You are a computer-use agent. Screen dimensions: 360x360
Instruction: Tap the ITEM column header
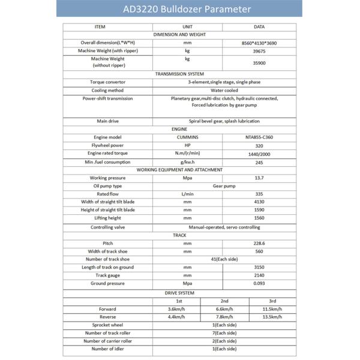pos(100,27)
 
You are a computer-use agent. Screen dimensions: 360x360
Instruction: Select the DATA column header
pos(260,27)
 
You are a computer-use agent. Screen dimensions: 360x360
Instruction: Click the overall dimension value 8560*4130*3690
pos(260,43)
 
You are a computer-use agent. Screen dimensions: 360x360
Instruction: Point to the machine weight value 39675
pos(260,51)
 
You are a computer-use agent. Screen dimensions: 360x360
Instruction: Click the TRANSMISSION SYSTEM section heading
pos(180,74)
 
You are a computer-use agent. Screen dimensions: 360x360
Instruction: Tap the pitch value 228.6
pos(260,243)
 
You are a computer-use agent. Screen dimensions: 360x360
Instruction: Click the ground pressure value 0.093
pos(260,283)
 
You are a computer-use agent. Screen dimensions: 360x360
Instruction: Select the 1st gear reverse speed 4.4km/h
pos(176,317)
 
